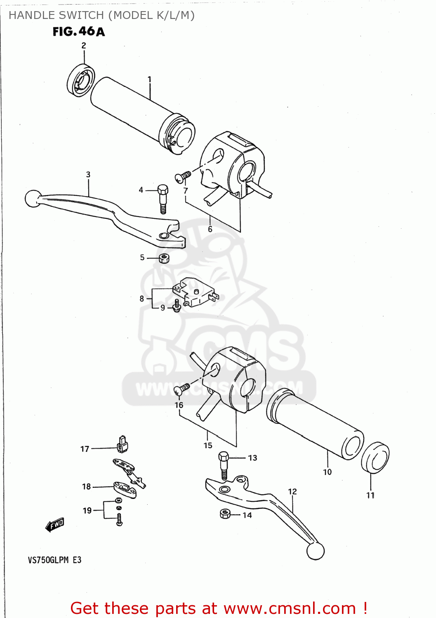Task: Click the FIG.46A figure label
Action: tap(78, 32)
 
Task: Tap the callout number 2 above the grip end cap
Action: tap(84, 46)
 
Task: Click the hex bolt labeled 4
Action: tap(163, 198)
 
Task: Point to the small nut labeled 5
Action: tap(164, 258)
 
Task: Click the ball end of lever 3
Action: tap(33, 198)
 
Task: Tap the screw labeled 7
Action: tap(183, 177)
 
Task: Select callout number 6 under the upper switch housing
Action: tap(210, 229)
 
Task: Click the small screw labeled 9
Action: tap(177, 306)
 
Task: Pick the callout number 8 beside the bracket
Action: tap(142, 298)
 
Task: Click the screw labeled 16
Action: tap(182, 388)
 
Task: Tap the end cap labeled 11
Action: tap(375, 458)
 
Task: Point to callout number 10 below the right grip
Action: tap(327, 472)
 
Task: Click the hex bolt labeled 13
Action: tap(224, 465)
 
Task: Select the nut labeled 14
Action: tap(225, 514)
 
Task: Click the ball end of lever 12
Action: tap(316, 551)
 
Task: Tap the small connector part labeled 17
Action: tap(123, 445)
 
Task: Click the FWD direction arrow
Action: tap(55, 525)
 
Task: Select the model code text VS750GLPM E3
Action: tap(54, 560)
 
